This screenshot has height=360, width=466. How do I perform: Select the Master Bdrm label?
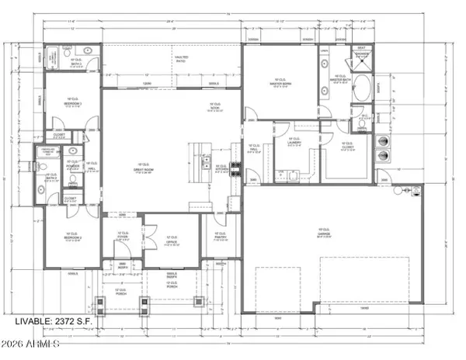pyautogui.click(x=280, y=82)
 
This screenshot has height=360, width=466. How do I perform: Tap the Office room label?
pyautogui.click(x=172, y=240)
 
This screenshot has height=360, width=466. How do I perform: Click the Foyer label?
pyautogui.click(x=123, y=237)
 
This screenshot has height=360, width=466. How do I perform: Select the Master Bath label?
pyautogui.click(x=343, y=78)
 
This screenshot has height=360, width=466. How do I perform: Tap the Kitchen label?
pyautogui.click(x=221, y=168)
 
